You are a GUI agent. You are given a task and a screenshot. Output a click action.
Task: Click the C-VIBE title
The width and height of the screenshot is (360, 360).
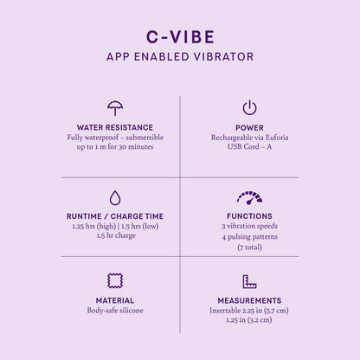coord(180,36)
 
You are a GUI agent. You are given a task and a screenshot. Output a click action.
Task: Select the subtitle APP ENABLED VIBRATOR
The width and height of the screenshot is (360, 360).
coord(180,57)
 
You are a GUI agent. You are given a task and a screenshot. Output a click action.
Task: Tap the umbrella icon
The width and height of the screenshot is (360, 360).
coord(115,108)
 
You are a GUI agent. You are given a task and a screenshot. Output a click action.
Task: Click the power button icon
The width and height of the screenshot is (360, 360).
coord(249,107)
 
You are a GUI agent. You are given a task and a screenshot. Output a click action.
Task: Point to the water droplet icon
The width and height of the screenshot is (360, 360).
coord(115,197)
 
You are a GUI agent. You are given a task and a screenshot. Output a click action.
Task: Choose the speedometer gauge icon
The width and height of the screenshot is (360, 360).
coord(249,198)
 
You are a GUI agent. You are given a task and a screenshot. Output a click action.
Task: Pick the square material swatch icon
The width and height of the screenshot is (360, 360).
coord(115,280)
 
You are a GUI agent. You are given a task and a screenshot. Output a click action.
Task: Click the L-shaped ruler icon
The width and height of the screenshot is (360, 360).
coord(249,281)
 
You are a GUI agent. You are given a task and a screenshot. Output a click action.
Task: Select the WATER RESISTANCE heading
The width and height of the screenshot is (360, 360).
coord(115,127)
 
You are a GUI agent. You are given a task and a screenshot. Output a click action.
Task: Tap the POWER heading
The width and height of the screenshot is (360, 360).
coord(249,127)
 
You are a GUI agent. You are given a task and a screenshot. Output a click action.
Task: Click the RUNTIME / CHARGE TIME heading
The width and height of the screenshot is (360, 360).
coord(115,216)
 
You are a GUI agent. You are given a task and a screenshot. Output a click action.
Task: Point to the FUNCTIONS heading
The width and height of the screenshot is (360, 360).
coord(249,216)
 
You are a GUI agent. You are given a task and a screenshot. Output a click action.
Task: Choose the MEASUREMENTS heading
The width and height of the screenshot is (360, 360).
coord(249,300)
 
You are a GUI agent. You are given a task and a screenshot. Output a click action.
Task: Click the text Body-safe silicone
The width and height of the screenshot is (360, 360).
coord(115,311)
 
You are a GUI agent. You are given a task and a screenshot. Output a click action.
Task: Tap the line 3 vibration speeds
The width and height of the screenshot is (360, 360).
coord(249,227)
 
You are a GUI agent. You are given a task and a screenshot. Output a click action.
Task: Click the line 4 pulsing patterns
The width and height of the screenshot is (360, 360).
coord(249,237)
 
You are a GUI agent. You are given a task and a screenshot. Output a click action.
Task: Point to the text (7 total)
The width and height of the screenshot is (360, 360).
coord(249,247)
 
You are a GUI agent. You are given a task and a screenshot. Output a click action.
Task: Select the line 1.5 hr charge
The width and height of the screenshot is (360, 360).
coord(115,236)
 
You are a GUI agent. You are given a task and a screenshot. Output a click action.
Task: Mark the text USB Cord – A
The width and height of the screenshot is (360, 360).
coord(249,147)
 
